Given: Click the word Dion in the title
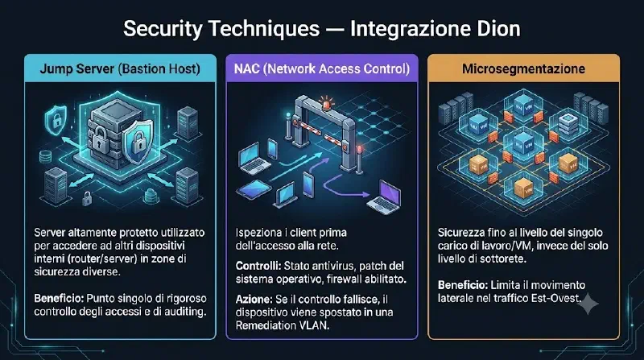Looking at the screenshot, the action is pyautogui.click(x=498, y=29).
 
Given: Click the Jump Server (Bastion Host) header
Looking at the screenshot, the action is pyautogui.click(x=120, y=68).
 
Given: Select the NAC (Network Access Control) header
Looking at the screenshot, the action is pyautogui.click(x=322, y=68).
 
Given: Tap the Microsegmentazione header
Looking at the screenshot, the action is pyautogui.click(x=524, y=68).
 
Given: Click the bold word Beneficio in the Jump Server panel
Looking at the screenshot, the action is pyautogui.click(x=59, y=298).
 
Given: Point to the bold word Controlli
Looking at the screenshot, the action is pyautogui.click(x=258, y=266).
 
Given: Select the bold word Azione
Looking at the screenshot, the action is pyautogui.click(x=254, y=299).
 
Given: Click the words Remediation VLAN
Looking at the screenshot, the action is pyautogui.click(x=283, y=325).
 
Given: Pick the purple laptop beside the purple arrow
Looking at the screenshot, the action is pyautogui.click(x=385, y=197).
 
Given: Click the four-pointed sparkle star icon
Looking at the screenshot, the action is pyautogui.click(x=588, y=304).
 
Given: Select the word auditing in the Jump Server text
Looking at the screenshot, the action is pyautogui.click(x=185, y=312).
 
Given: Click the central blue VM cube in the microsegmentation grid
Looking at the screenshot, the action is pyautogui.click(x=522, y=143).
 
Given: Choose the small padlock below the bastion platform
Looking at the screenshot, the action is pyautogui.click(x=87, y=198).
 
